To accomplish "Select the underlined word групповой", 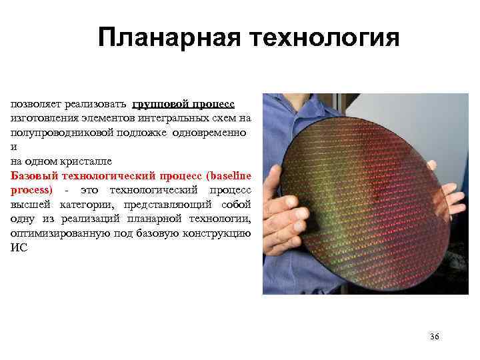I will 160,103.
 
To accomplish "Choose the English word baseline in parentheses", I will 229,176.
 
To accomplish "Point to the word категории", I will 87,205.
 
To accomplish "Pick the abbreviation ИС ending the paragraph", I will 18,249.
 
